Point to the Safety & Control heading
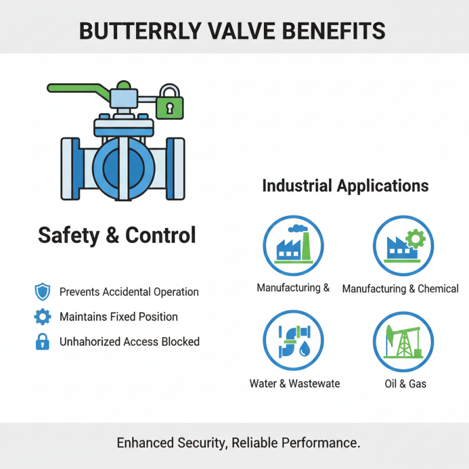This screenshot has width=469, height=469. pyautogui.click(x=117, y=235)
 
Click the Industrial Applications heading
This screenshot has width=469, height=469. pyautogui.click(x=345, y=186)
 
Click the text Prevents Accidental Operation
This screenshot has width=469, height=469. pyautogui.click(x=129, y=292)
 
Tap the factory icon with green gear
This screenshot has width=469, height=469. pyautogui.click(x=403, y=246)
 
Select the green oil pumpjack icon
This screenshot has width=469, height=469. pyautogui.click(x=403, y=341)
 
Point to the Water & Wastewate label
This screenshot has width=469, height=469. pyautogui.click(x=294, y=384)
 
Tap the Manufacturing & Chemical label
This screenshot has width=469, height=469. pyautogui.click(x=400, y=288)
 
